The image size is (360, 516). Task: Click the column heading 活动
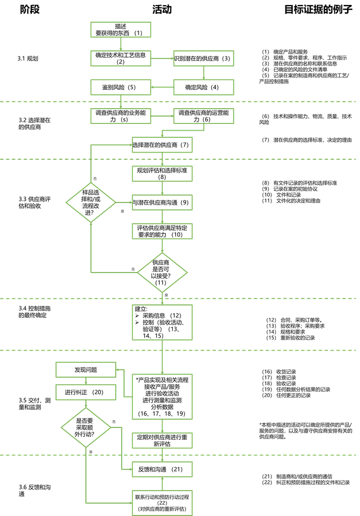coord(162,10)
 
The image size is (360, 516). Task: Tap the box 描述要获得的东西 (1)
coord(121,30)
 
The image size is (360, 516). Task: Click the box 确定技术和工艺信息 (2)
coord(121,58)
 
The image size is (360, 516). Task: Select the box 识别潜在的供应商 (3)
coord(202,58)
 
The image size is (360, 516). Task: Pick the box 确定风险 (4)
coord(202,87)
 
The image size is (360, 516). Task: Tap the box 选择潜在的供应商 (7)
coord(162,145)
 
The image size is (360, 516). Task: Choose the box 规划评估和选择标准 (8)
coord(162,173)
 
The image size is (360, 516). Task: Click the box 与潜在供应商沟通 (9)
coord(162,202)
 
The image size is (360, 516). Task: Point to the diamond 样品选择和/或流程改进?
coord(91,202)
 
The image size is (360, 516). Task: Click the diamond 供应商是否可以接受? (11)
coord(162,273)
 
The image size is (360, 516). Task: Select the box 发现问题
coord(86,370)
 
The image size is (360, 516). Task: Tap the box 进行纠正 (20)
coord(86,391)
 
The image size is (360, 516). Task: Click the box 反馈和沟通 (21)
coord(162,469)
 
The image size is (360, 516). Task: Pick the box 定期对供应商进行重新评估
coord(162,440)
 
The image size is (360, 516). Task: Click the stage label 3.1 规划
coord(28,58)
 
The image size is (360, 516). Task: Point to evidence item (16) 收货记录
coord(279,372)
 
